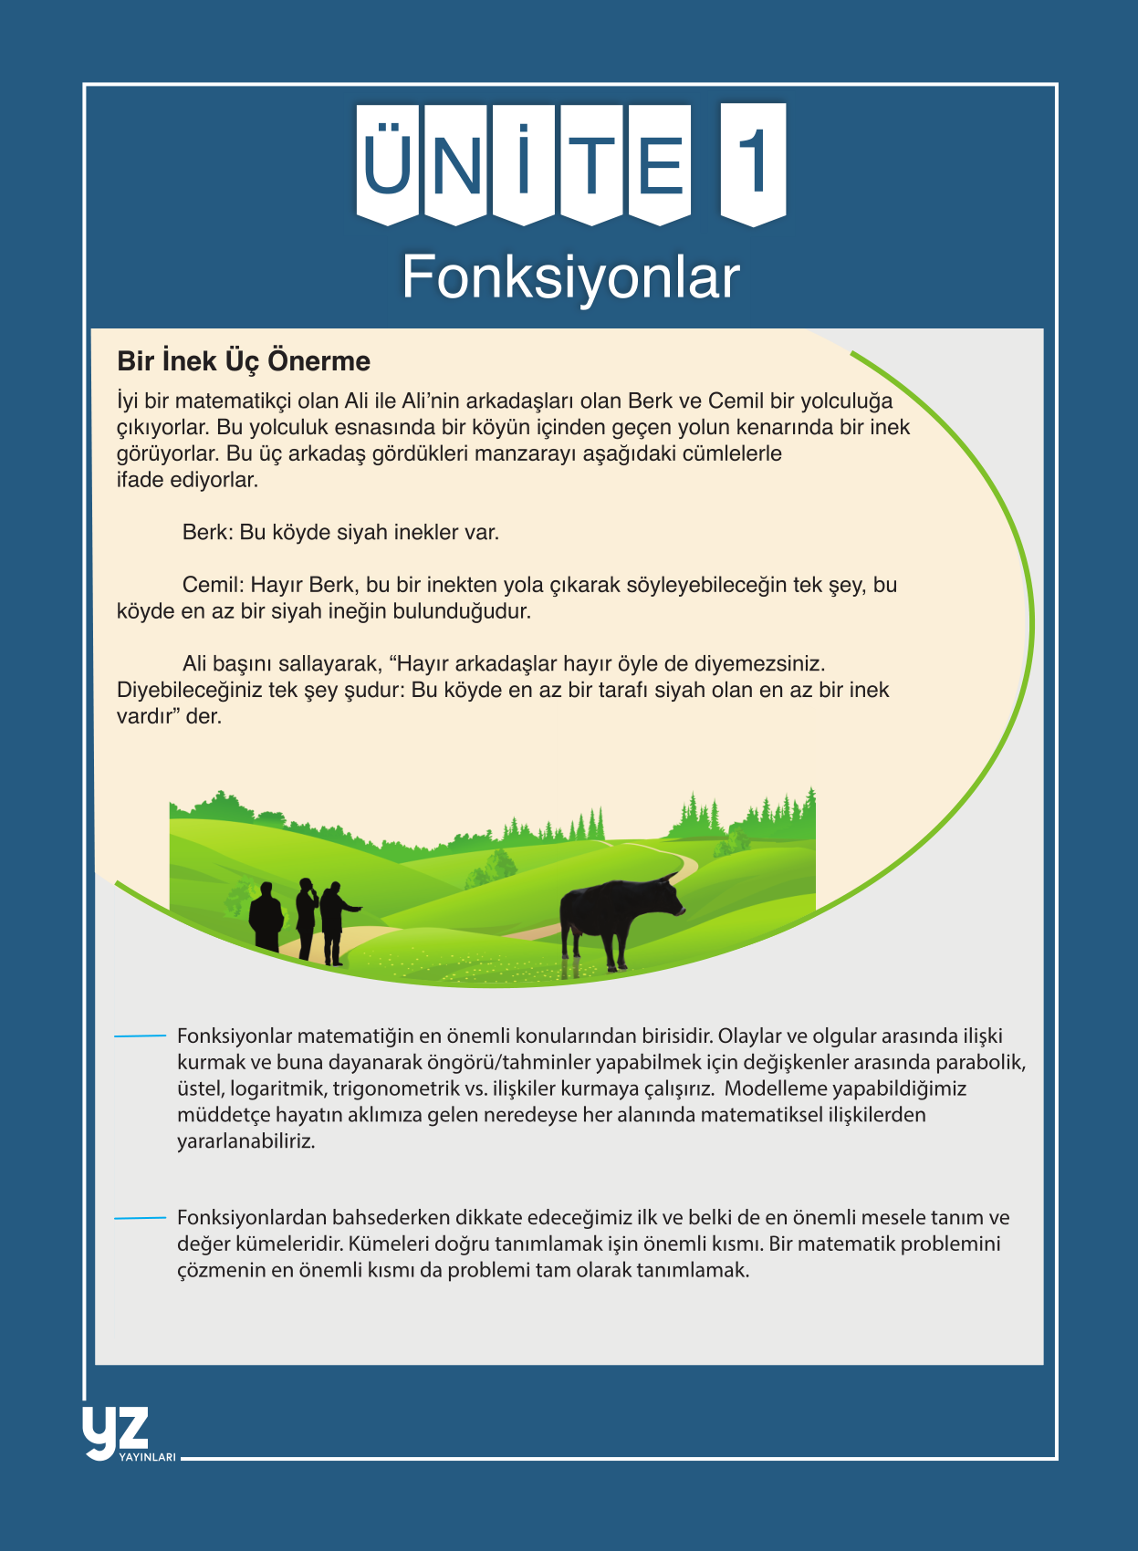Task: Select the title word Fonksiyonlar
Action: click(x=570, y=276)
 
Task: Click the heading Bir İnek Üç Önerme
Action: click(x=244, y=361)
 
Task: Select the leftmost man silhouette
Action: click(x=266, y=917)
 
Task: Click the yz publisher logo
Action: click(x=115, y=1431)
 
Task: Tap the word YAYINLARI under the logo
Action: click(x=147, y=1457)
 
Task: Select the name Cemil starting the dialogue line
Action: click(x=212, y=585)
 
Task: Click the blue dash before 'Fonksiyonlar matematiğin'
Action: click(x=140, y=1036)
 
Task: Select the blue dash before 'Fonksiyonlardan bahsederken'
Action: click(x=140, y=1218)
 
